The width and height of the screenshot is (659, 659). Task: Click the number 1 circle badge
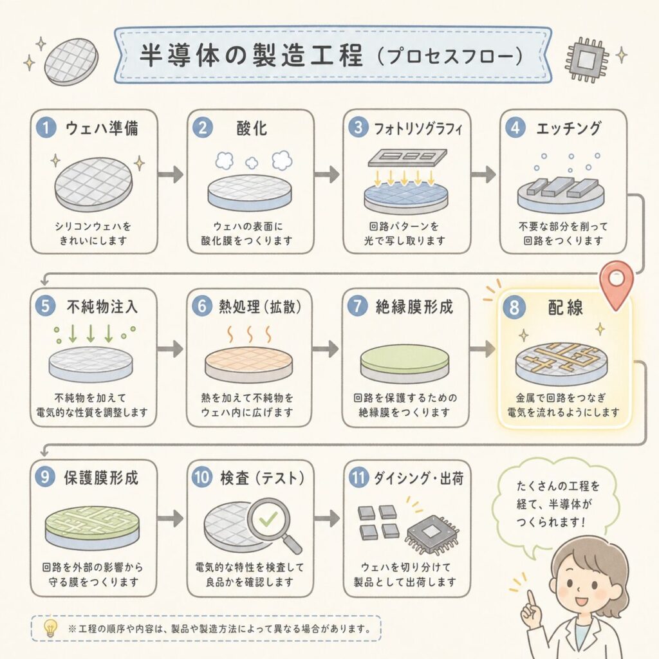point(46,127)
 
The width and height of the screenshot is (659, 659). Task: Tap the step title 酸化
point(252,128)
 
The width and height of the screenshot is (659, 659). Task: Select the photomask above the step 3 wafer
point(407,158)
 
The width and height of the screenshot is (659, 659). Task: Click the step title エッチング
point(568,128)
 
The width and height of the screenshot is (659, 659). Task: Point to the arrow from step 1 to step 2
point(171,174)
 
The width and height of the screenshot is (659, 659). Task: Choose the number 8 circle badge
point(514,307)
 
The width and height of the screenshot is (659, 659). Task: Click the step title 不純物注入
point(102,306)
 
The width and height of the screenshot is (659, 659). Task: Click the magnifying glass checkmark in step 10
point(268,519)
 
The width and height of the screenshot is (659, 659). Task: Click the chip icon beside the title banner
point(586,59)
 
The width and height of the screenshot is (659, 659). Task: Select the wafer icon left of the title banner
point(71,61)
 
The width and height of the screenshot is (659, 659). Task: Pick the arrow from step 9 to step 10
point(171,519)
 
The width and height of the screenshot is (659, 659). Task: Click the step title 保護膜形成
point(101,478)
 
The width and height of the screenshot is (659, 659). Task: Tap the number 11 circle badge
point(358,478)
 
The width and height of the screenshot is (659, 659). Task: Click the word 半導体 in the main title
point(180,55)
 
